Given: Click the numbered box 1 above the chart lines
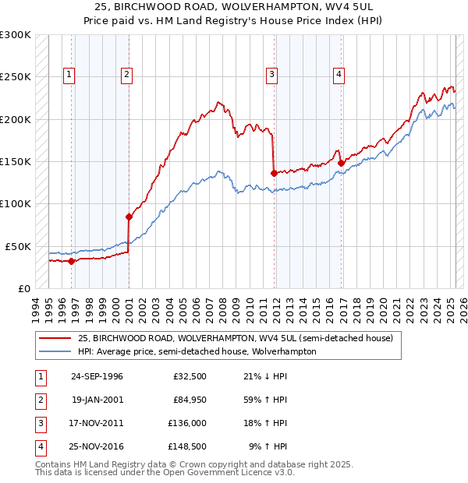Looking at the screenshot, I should point(69,75).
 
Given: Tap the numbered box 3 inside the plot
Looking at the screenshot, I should point(271,75).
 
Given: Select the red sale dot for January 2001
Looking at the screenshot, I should point(129,217).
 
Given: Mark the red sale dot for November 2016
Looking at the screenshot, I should point(342,163).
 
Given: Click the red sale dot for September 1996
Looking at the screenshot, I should point(71,261).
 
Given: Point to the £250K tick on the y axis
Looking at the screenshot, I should point(16,77).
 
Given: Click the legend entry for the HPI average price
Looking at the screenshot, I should point(197,351).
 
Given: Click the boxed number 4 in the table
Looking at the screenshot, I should point(40,447).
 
